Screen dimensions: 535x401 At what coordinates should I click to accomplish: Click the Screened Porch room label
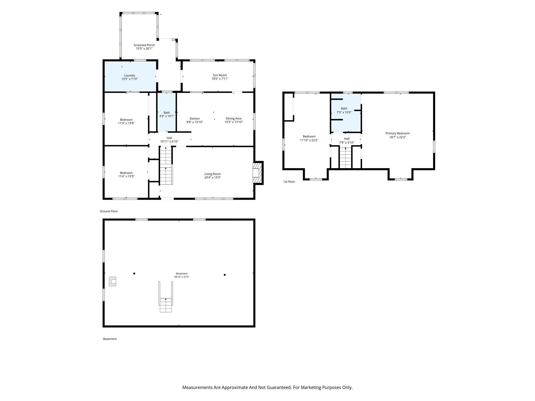tap(144, 45)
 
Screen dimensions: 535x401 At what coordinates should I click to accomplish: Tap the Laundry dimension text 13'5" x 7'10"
tap(130, 79)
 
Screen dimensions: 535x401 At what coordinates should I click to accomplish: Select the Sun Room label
tap(220, 75)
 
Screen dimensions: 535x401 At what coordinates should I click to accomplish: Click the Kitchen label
tap(195, 119)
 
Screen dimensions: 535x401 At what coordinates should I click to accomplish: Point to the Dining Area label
tap(234, 119)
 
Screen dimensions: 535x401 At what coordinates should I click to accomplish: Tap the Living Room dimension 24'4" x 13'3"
tap(213, 178)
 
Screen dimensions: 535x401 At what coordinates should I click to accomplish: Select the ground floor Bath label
tap(167, 113)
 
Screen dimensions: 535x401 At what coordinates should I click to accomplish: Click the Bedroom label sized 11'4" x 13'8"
tap(126, 120)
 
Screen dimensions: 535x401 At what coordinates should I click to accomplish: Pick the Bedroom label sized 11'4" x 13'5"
tap(126, 173)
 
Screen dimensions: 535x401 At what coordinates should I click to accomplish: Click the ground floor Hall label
tap(169, 138)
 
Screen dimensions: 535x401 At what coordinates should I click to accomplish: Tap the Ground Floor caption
tap(109, 211)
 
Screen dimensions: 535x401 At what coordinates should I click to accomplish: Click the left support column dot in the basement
tap(134, 274)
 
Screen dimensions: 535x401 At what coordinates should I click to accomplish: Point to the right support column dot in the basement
tap(225, 275)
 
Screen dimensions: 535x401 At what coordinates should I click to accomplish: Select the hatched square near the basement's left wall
tap(113, 281)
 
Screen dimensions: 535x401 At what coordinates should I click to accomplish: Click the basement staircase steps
tap(166, 305)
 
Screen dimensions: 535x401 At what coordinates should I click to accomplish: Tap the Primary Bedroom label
tap(398, 133)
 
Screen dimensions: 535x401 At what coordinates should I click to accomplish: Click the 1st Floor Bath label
tap(344, 109)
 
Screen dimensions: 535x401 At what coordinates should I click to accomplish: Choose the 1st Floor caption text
tap(289, 182)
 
